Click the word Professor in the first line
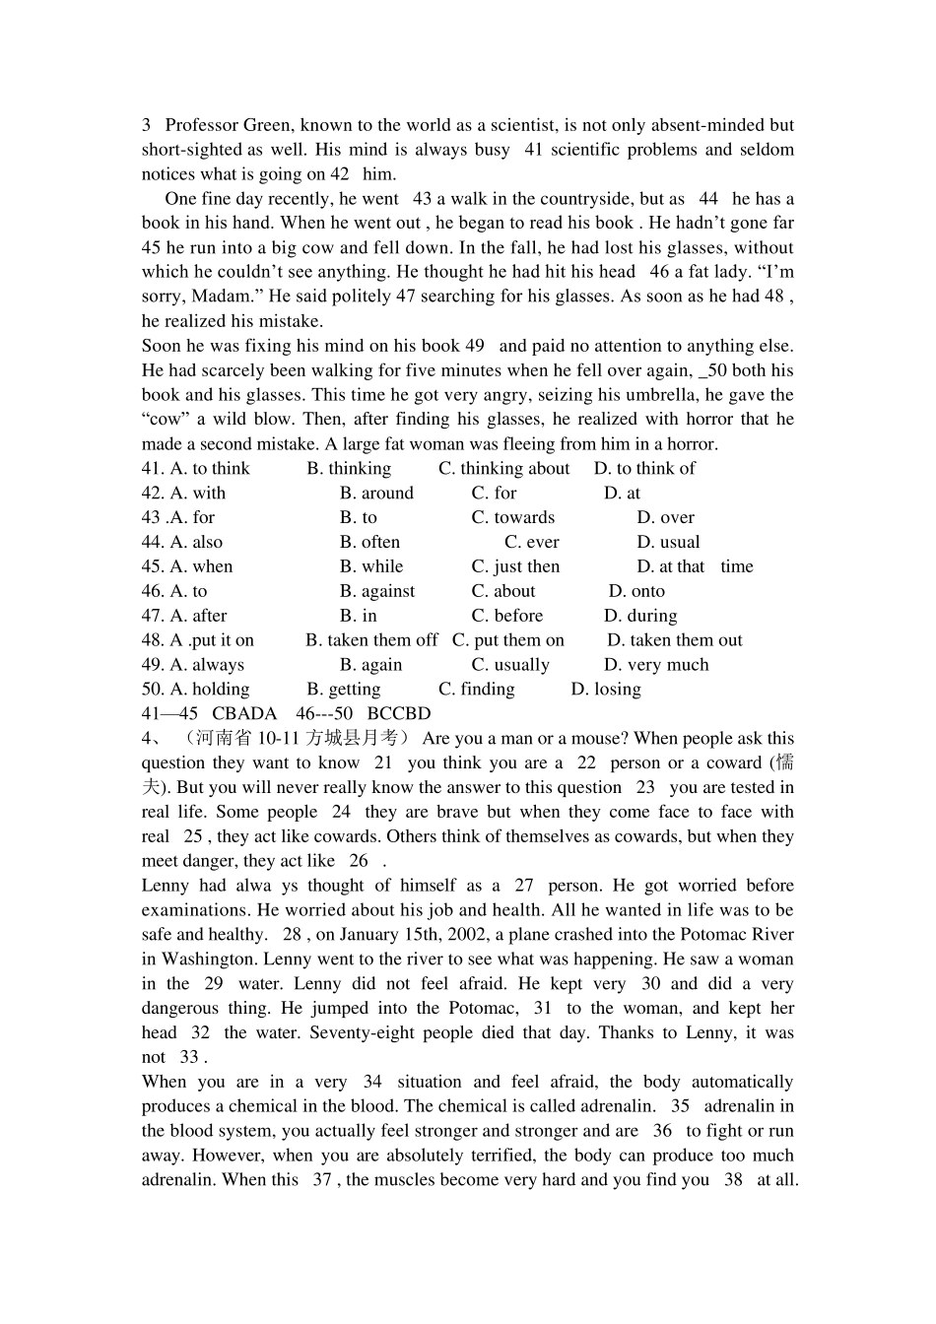(x=201, y=125)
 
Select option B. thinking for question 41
(x=349, y=469)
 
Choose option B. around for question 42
(x=376, y=494)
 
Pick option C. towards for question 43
(x=512, y=518)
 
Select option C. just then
(x=515, y=567)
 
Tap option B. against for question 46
(x=377, y=592)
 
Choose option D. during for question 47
(x=640, y=617)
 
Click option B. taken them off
(x=371, y=640)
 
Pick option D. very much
(x=656, y=665)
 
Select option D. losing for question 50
(x=606, y=690)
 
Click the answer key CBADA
(x=244, y=714)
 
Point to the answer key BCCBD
(x=399, y=714)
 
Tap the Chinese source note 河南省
(x=216, y=739)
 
